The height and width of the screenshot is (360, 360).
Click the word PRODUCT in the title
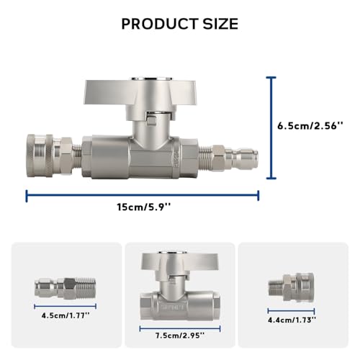pos(160,24)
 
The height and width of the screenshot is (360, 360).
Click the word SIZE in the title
pos(220,24)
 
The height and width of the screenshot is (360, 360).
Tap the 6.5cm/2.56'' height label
pos(310,126)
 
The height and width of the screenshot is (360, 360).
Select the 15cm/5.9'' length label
pos(144,207)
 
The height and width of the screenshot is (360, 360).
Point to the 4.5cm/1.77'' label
pos(66,315)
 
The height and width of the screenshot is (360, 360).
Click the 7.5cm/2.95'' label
pos(180,336)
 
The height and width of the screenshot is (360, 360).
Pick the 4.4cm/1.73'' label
pos(292,320)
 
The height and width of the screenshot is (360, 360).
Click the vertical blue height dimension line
pos(271,128)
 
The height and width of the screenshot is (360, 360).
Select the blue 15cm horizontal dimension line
pos(143,196)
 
